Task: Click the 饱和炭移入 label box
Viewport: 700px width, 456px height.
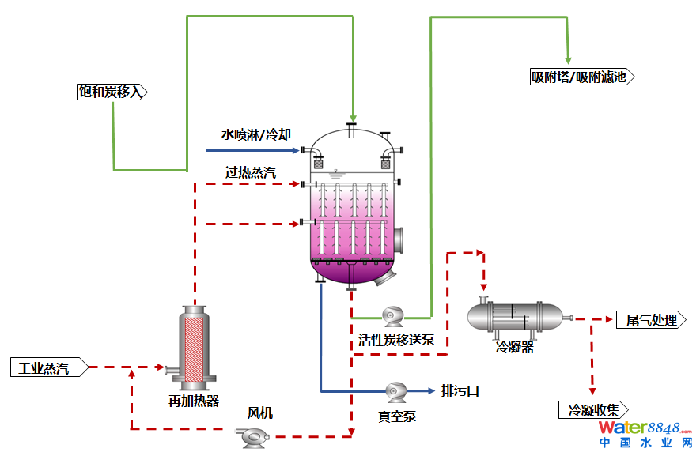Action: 112,92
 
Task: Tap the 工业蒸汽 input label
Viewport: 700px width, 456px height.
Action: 46,367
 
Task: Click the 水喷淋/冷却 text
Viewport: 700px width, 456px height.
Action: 251,134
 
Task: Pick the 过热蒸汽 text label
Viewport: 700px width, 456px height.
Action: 251,172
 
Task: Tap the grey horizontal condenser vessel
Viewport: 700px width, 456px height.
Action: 515,317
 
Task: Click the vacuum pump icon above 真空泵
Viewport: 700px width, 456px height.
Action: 395,390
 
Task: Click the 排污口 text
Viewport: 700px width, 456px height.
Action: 460,390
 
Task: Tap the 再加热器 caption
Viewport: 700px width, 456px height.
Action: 193,400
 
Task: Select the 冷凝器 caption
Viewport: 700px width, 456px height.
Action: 515,347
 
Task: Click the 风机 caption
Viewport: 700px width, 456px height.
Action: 260,413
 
